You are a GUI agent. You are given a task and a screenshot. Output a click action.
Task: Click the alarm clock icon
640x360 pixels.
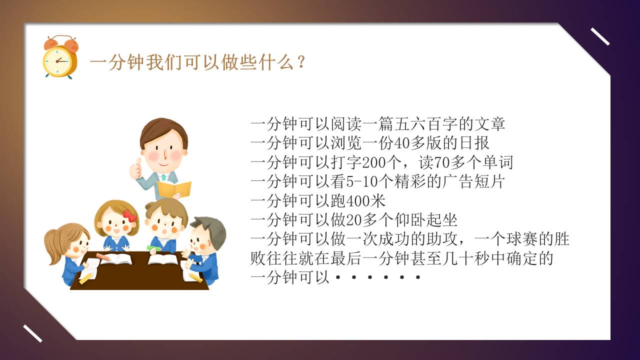60,57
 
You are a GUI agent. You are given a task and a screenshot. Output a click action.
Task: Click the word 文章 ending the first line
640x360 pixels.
492,124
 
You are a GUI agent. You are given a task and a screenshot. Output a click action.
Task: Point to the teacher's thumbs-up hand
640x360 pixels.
135,169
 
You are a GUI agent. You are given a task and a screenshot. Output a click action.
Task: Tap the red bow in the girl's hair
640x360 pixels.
129,216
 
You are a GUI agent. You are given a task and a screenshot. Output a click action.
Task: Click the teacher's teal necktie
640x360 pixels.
163,177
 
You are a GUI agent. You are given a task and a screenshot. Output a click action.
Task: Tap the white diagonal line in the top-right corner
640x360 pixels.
600,36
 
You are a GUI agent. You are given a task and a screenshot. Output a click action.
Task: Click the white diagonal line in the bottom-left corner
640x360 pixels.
32,333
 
